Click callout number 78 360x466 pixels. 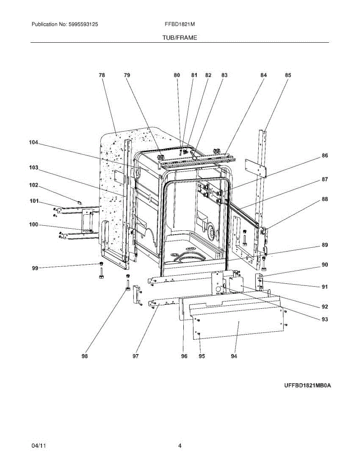(x=102, y=75)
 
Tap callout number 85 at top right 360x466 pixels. (x=288, y=75)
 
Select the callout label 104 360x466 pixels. (x=33, y=143)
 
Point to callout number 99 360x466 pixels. (x=35, y=268)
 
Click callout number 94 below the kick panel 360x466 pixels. (x=234, y=356)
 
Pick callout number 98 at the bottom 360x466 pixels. (x=85, y=356)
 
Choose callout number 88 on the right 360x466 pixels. (x=325, y=199)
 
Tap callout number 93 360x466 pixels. (x=325, y=319)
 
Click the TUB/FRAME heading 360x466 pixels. (x=180, y=38)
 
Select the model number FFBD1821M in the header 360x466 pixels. (x=180, y=24)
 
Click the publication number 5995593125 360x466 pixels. (x=83, y=24)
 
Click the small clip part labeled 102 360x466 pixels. (x=79, y=202)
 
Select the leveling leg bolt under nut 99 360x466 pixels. (x=101, y=273)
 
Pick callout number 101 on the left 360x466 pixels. (x=34, y=201)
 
